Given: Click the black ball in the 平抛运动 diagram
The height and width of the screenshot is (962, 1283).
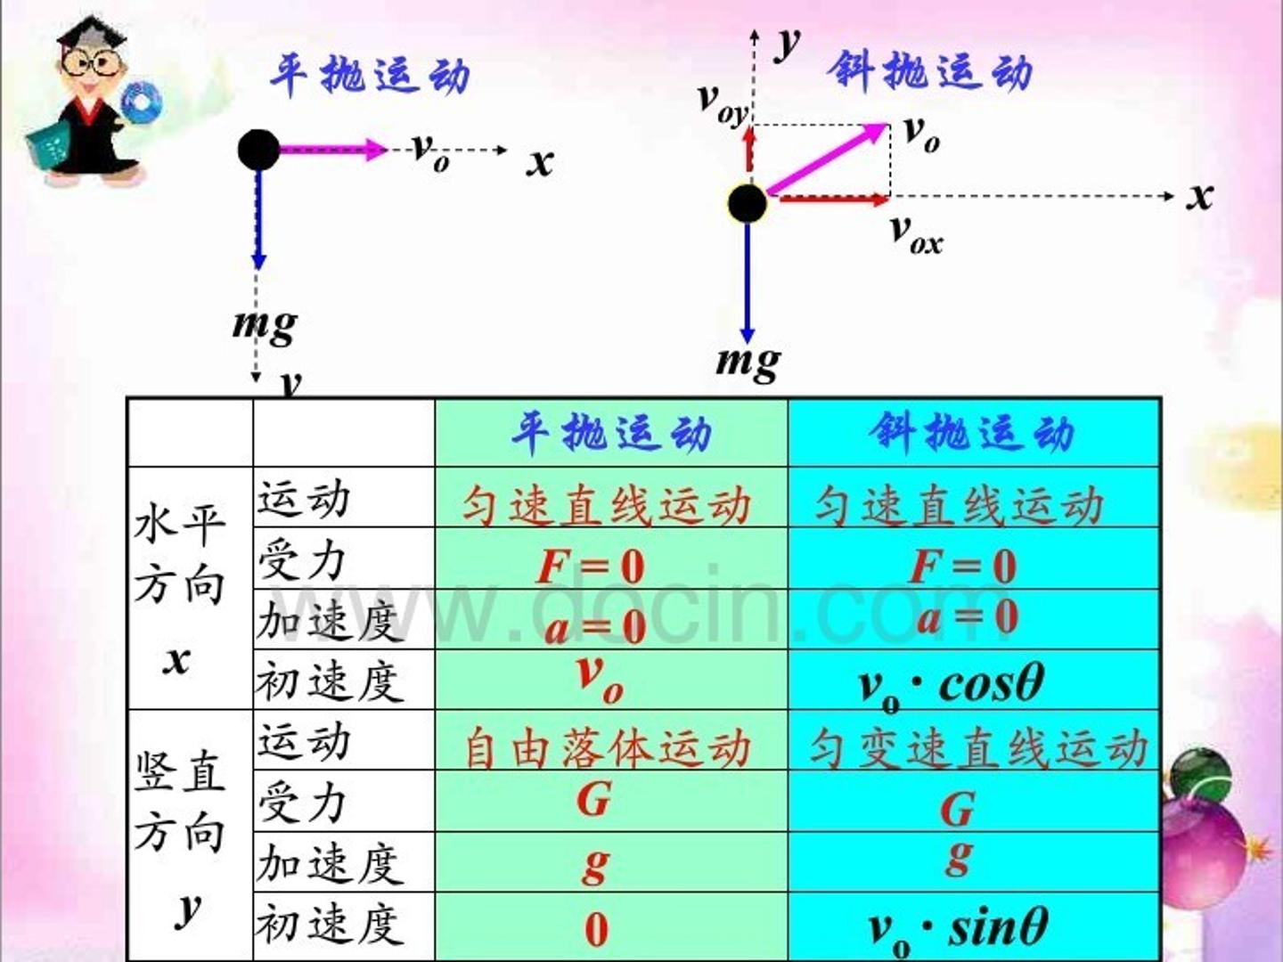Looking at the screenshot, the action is point(259,150).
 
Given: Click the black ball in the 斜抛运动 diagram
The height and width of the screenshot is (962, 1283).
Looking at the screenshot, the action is point(748,204).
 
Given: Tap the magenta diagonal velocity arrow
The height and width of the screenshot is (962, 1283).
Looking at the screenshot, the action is point(828,159).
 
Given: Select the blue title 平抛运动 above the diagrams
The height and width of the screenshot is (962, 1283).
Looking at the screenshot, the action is point(370,74).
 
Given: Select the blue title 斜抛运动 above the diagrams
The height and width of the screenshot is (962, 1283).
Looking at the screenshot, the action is point(930,71).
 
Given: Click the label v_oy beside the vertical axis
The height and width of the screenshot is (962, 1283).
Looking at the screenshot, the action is point(723,104).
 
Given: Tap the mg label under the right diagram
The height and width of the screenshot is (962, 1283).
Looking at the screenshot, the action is point(748,363).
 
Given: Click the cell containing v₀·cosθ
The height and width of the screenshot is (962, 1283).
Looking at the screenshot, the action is point(974,680).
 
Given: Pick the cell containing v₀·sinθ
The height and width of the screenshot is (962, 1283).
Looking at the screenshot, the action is point(974,926).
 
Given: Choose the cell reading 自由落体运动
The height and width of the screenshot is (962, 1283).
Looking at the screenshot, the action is point(611,740).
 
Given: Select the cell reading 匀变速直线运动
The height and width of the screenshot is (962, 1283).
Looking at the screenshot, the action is point(974,740).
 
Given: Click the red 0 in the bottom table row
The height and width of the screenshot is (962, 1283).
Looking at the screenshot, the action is point(597,929).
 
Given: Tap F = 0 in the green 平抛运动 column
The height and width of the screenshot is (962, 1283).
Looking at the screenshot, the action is point(591,566).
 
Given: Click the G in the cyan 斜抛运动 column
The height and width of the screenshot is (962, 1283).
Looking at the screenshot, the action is point(957,809).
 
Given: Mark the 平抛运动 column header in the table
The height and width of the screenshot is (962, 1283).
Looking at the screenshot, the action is point(611,433).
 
